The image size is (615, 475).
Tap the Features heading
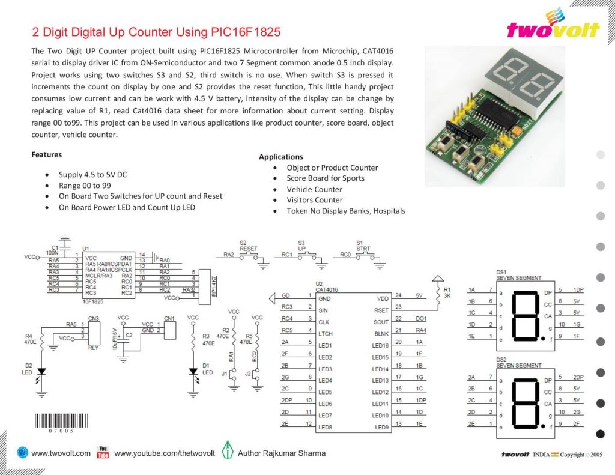(46, 154)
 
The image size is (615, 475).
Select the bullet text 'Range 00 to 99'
(85, 186)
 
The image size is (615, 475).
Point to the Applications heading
(280, 157)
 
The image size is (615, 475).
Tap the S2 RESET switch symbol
(248, 255)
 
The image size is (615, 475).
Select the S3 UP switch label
(301, 246)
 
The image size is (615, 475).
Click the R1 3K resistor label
(447, 293)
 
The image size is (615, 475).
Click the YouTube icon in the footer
(103, 452)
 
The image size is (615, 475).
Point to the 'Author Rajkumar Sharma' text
(282, 453)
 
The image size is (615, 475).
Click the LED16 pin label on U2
(380, 345)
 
